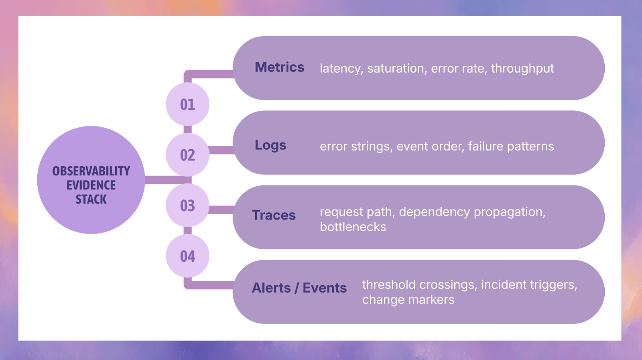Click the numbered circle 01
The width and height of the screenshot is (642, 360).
click(187, 104)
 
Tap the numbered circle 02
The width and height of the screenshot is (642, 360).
click(187, 155)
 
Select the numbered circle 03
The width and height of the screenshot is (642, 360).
click(187, 205)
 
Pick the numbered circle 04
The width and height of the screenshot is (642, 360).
click(187, 256)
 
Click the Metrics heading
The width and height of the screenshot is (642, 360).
click(279, 67)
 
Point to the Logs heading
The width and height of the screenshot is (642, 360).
click(270, 145)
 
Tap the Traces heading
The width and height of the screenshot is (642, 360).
click(274, 215)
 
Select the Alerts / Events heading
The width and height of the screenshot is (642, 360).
click(299, 288)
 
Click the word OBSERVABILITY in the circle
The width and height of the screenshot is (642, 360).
click(91, 171)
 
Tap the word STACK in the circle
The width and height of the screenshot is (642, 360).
click(91, 199)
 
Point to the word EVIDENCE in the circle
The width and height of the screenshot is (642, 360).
click(91, 185)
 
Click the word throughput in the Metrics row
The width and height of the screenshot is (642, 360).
click(522, 69)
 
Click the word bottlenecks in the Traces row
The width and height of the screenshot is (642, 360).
click(353, 227)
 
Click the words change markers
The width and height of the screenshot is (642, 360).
click(408, 300)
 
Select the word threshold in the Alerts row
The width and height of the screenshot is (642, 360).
click(389, 285)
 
